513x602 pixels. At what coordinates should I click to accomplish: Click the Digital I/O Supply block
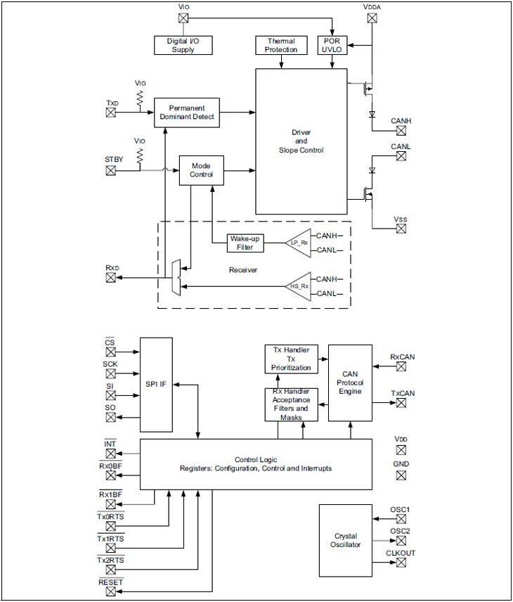tap(182, 45)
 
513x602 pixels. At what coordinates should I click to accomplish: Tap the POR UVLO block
tap(332, 45)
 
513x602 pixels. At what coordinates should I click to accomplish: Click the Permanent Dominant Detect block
tap(186, 113)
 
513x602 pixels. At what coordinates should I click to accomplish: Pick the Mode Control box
tap(201, 170)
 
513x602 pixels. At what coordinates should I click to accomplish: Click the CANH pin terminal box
tap(401, 133)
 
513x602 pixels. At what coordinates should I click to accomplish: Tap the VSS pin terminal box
tap(401, 231)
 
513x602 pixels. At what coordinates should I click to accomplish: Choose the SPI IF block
tap(156, 385)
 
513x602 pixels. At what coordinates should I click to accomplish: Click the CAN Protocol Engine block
tap(349, 382)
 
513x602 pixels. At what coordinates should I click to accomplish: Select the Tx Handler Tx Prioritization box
tap(291, 359)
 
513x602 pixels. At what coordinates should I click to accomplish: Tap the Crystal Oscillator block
tap(345, 539)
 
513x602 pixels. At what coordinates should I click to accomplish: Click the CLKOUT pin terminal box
tap(401, 565)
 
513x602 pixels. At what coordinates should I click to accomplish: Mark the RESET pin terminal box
tap(111, 591)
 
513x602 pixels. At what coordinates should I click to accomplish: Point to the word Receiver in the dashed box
tap(243, 269)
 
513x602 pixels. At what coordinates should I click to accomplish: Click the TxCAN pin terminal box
tap(401, 403)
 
